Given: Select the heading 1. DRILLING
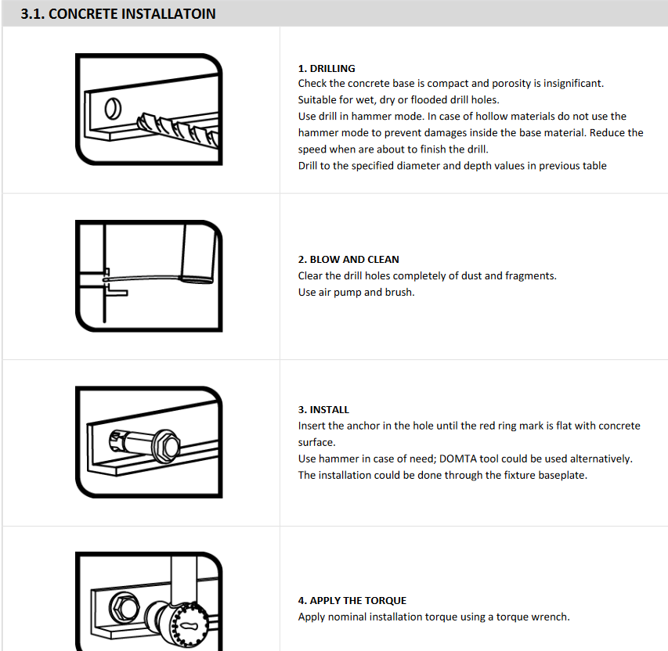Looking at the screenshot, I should coord(327,68).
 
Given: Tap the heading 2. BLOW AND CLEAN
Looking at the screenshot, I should coord(348,259).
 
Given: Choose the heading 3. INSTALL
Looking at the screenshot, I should coord(323,409).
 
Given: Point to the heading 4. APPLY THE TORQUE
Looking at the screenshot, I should coord(352,600).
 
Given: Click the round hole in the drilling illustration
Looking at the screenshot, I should coord(113,106).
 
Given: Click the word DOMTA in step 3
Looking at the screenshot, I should coord(483,458).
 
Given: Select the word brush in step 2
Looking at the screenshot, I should coord(400,292).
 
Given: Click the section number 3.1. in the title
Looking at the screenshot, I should coord(33,14).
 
